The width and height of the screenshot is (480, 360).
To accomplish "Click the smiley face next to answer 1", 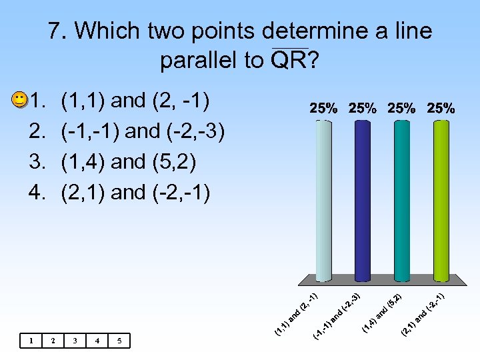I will [x=20, y=101].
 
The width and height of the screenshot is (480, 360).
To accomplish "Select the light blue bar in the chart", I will [x=323, y=200].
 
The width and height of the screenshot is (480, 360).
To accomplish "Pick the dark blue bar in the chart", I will [x=362, y=200].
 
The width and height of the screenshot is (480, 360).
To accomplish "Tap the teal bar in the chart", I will [x=401, y=200].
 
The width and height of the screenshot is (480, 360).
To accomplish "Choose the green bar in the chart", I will [x=441, y=200].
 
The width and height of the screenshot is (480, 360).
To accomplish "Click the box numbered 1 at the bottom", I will [x=31, y=341].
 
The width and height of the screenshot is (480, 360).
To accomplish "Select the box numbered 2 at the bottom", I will [x=53, y=341].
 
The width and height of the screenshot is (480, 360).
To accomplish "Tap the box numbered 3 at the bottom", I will [x=75, y=341].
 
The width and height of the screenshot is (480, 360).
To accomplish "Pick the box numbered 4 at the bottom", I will [x=97, y=341].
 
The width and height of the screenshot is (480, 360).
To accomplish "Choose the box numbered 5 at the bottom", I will [x=119, y=341].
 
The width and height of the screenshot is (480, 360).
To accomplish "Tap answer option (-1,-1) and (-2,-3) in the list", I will [x=143, y=131].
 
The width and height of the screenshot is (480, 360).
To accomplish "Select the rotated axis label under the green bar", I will [x=423, y=311].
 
